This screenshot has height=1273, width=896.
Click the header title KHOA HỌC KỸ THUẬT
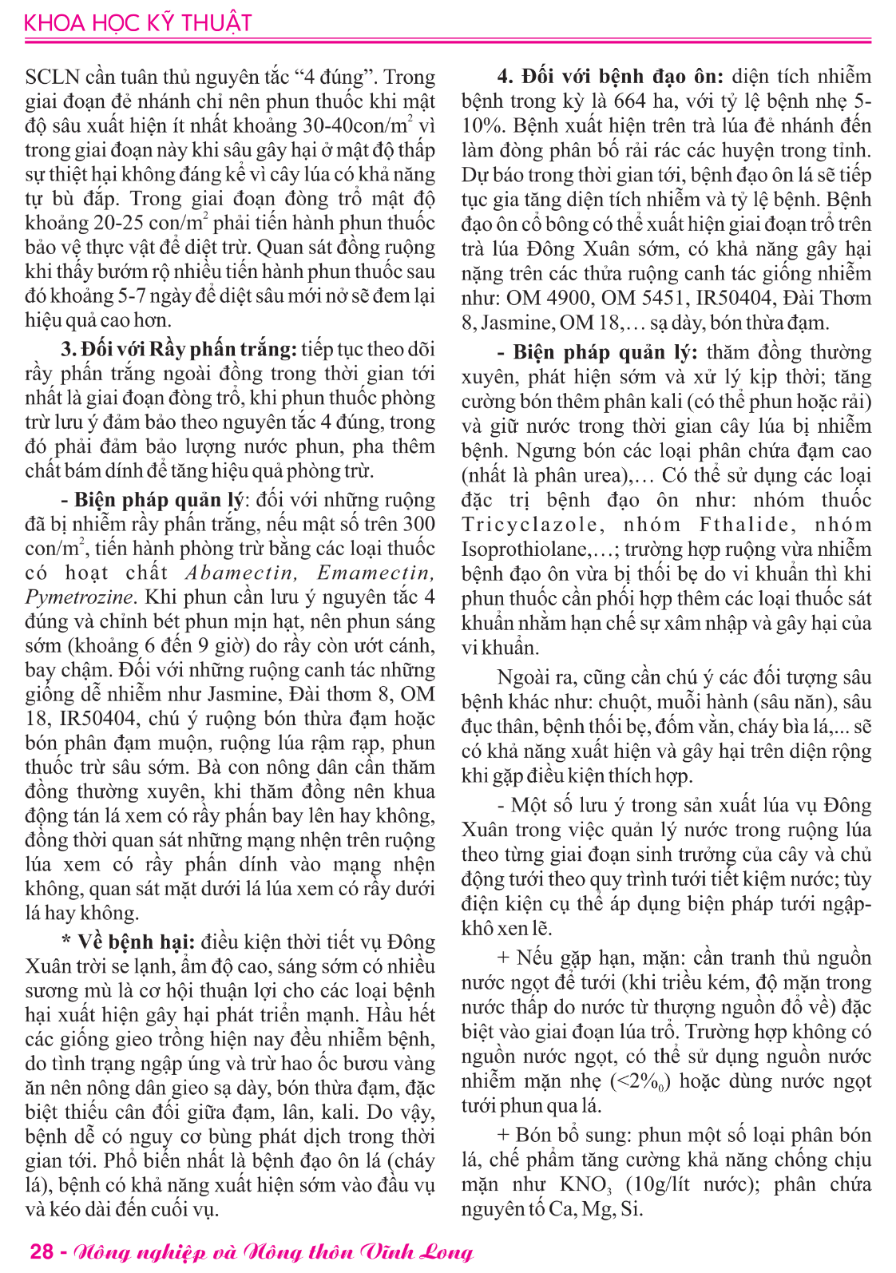[x=137, y=22]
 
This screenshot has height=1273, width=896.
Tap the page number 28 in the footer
[x=42, y=1251]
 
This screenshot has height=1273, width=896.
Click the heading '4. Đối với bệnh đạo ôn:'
[x=610, y=77]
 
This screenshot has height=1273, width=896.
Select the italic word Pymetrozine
[x=78, y=597]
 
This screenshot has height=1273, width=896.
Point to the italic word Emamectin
[x=375, y=573]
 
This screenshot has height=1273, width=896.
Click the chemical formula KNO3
[x=586, y=1184]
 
